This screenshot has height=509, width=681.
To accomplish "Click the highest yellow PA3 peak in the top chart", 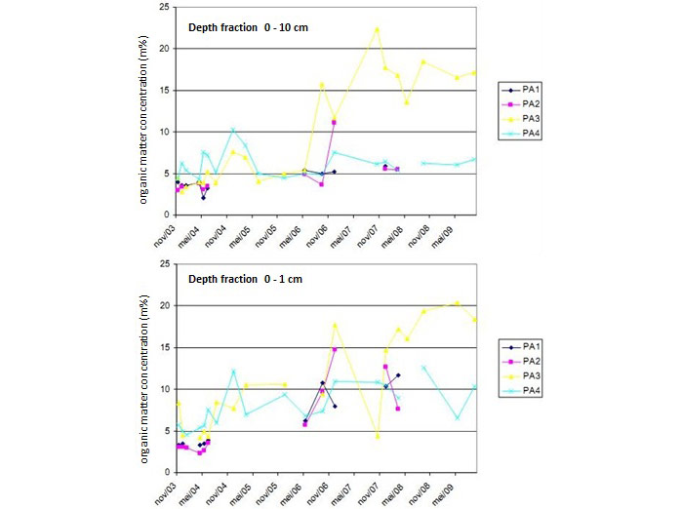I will click(377, 28).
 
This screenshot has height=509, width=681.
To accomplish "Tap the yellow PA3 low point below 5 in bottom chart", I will click(377, 436).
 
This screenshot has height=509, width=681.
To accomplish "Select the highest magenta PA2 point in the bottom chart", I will click(334, 349).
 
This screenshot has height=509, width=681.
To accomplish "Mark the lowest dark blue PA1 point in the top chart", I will click(203, 198).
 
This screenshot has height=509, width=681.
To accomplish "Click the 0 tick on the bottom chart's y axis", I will click(168, 472).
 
